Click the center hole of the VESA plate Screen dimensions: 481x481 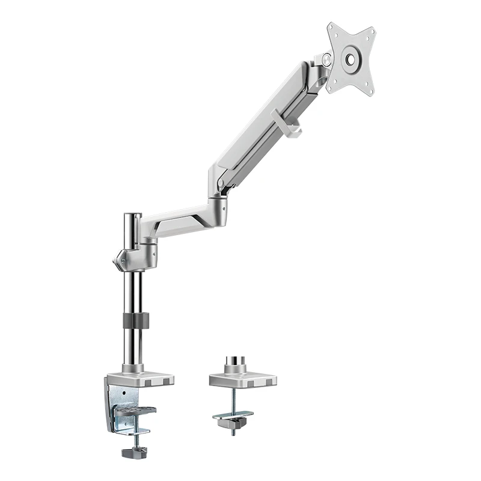350,59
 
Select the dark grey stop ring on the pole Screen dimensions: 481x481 134,320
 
